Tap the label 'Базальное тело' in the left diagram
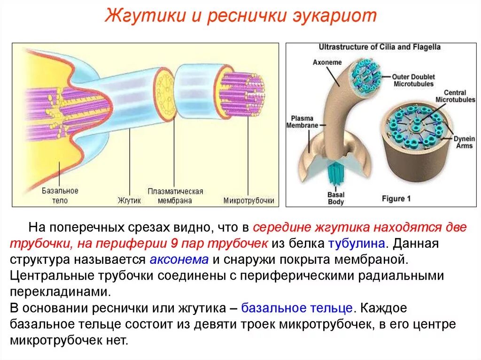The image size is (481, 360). pyautogui.click(x=60, y=196)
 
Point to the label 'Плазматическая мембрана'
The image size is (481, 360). pyautogui.click(x=175, y=196)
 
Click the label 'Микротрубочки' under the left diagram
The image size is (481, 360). pyautogui.click(x=248, y=201)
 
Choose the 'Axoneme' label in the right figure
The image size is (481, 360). pyautogui.click(x=328, y=62)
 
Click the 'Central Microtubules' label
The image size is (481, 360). pyautogui.click(x=450, y=96)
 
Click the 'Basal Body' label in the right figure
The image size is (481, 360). pyautogui.click(x=335, y=198)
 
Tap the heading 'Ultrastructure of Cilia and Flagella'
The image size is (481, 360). pyautogui.click(x=380, y=47)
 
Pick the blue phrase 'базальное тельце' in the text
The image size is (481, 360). pyautogui.click(x=297, y=308)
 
